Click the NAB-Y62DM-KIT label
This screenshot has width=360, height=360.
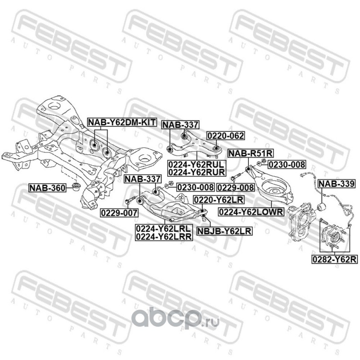[121, 122]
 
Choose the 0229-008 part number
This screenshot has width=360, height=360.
[236, 187]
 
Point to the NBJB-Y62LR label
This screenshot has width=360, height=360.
[224, 232]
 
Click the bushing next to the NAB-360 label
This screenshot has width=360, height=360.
[76, 186]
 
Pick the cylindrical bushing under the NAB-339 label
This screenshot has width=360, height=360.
[322, 207]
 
